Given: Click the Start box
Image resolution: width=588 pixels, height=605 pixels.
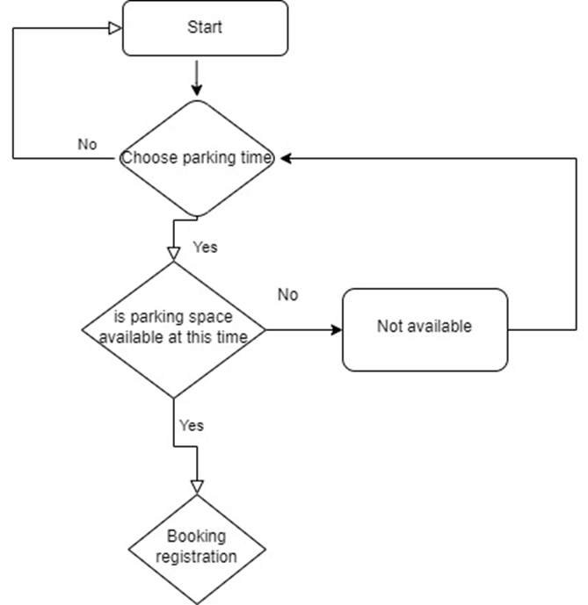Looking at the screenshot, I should click(x=204, y=27).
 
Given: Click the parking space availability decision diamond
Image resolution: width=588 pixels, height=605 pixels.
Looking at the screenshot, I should click(x=175, y=329).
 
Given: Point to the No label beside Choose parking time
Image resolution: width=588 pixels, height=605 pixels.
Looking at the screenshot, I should click(x=87, y=144).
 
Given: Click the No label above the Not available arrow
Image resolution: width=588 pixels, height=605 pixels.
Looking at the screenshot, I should click(x=287, y=294).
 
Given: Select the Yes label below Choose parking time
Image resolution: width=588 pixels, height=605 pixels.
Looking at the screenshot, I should click(x=204, y=247).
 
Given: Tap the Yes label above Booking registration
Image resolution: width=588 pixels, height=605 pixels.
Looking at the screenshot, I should click(x=191, y=425).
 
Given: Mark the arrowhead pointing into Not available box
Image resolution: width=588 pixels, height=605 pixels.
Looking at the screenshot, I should click(x=336, y=330).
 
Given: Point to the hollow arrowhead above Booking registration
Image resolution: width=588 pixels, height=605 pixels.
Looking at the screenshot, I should click(x=197, y=486).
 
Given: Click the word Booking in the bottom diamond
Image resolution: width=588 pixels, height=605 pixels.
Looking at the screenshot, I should click(x=197, y=536).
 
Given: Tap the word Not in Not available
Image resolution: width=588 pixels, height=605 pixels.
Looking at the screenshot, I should click(x=388, y=326).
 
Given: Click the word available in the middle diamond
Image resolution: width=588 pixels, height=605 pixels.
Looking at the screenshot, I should click(x=128, y=337).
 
